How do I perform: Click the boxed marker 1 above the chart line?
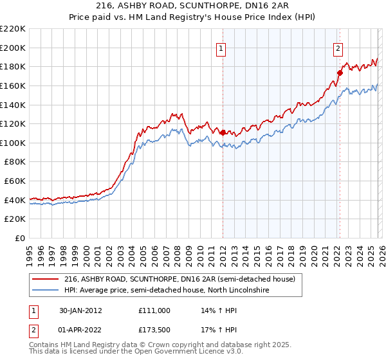tap(221, 48)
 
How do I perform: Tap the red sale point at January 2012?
tap(223, 132)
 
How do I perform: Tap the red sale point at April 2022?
tap(340, 73)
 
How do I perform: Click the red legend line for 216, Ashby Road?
tap(46, 280)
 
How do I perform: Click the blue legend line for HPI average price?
tap(46, 291)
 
